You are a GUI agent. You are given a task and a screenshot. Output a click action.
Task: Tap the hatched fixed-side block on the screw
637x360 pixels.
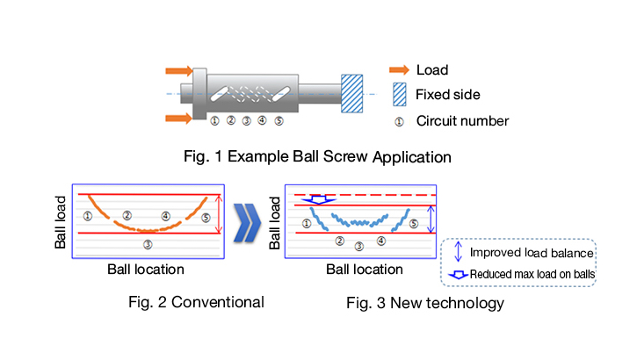(351, 92)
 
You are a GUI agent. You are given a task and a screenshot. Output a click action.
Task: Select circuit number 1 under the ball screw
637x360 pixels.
(215, 121)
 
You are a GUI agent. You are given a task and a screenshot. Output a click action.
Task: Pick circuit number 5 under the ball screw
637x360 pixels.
(279, 121)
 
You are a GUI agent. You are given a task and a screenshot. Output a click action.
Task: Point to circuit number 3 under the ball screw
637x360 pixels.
(247, 121)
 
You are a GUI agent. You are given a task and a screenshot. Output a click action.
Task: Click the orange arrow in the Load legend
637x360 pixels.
(401, 68)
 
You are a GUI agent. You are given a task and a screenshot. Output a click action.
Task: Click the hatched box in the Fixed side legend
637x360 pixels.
(401, 93)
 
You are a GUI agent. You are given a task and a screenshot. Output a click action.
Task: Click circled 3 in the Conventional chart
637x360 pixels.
(148, 244)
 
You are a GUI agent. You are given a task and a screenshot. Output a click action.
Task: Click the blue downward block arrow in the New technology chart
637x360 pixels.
(315, 200)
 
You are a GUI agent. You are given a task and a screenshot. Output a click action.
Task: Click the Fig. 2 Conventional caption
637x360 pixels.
(194, 303)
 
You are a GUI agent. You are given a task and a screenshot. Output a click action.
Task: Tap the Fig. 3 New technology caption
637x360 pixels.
(424, 303)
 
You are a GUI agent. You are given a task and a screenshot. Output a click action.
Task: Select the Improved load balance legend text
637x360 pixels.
(532, 253)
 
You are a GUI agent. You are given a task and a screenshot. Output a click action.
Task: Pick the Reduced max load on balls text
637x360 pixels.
(532, 275)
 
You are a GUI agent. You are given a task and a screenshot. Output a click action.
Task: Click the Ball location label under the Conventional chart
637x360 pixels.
(145, 269)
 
